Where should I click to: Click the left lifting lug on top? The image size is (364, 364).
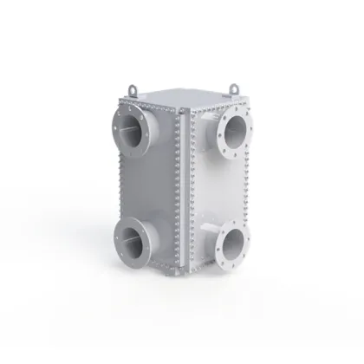[131, 87]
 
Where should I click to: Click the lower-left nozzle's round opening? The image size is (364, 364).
[129, 237]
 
